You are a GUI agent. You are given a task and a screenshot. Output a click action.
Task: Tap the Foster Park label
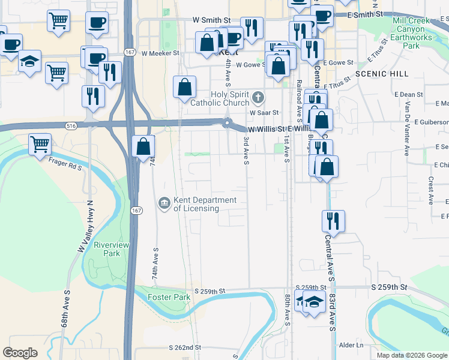click(170, 297)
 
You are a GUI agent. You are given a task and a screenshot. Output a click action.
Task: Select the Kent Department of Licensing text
click(205, 204)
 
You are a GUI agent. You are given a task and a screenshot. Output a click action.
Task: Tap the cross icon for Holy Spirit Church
click(258, 97)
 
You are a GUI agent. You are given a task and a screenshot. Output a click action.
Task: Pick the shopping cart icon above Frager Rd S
click(40, 144)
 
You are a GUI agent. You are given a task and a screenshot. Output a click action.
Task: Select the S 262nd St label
click(185, 347)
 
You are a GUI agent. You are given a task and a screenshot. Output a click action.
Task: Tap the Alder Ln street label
click(351, 345)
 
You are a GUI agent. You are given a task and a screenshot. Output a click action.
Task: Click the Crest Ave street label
click(431, 191)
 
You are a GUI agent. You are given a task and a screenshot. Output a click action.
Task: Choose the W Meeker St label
click(160, 53)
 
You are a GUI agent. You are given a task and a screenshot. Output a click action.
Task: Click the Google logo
click(20, 353)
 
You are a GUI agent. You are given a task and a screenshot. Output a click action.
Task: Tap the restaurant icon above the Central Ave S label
click(333, 221)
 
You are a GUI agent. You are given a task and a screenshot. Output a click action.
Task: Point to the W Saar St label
click(265, 112)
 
